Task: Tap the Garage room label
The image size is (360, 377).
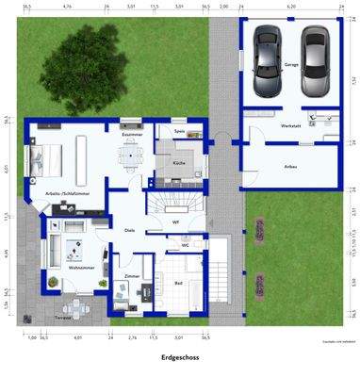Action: pyautogui.click(x=291, y=65)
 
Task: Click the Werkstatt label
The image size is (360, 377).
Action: pyautogui.click(x=291, y=125)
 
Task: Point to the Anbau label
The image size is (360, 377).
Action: pyautogui.click(x=291, y=166)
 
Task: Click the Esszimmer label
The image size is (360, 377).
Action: pyautogui.click(x=131, y=135)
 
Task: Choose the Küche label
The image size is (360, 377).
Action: pyautogui.click(x=178, y=163)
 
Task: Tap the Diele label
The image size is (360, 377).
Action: pyautogui.click(x=130, y=229)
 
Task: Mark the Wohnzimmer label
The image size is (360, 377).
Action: pyautogui.click(x=80, y=268)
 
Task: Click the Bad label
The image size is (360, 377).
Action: pyautogui.click(x=178, y=281)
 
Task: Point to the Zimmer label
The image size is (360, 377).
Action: pyautogui.click(x=131, y=276)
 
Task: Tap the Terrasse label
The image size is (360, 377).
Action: pyautogui.click(x=62, y=319)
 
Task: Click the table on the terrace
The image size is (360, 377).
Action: pyautogui.click(x=68, y=307)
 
